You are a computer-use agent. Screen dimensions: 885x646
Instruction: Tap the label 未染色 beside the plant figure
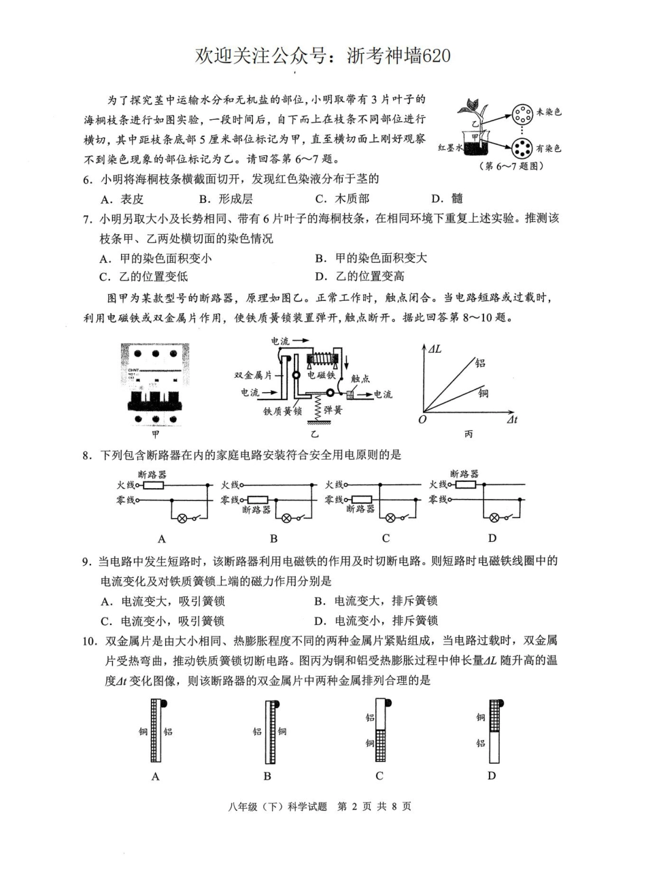tap(549, 112)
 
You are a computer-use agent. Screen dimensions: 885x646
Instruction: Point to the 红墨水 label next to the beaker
tap(449, 147)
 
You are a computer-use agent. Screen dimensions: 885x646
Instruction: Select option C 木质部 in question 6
tap(343, 199)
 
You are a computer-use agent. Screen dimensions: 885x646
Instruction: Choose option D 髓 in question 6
tap(448, 199)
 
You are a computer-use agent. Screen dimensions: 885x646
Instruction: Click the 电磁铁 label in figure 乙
tap(321, 375)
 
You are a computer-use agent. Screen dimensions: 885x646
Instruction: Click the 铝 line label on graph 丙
tap(481, 363)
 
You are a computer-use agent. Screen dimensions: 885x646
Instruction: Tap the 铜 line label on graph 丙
tap(482, 393)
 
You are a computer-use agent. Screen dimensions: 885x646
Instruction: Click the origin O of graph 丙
tap(422, 419)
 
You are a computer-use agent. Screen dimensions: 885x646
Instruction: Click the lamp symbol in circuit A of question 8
tap(182, 518)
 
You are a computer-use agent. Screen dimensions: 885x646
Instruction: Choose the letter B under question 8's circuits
tap(273, 538)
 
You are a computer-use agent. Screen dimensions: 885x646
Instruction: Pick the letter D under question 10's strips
tap(492, 775)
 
